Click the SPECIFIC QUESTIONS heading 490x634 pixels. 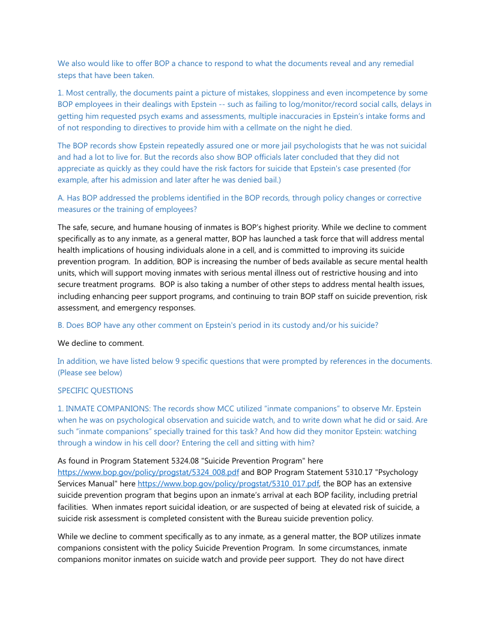[x=95, y=390]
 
